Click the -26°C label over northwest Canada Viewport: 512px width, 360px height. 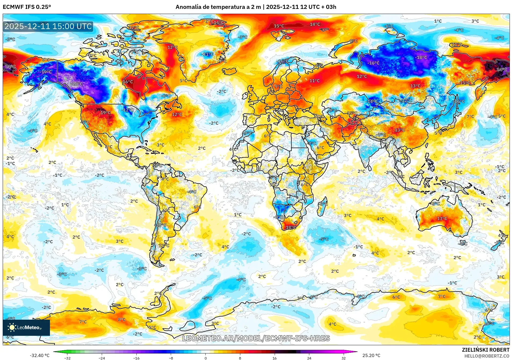pyautogui.click(x=77, y=84)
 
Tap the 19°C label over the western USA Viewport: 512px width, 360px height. pyautogui.click(x=106, y=113)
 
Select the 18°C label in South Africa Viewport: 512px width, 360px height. pyautogui.click(x=291, y=227)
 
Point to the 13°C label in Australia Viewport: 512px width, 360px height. pyautogui.click(x=442, y=219)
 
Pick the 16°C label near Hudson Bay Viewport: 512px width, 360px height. pyautogui.click(x=128, y=82)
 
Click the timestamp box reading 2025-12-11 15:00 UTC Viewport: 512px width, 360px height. pyautogui.click(x=48, y=26)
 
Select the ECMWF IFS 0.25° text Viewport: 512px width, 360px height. pyautogui.click(x=27, y=7)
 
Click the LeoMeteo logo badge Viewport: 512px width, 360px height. pyautogui.click(x=26, y=327)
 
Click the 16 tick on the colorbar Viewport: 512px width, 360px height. pyautogui.click(x=274, y=358)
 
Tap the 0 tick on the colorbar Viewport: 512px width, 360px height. pyautogui.click(x=206, y=358)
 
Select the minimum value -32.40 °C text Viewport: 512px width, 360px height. pyautogui.click(x=39, y=355)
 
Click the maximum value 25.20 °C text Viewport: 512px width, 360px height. pyautogui.click(x=371, y=355)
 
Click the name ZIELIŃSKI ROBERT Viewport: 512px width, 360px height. pyautogui.click(x=485, y=350)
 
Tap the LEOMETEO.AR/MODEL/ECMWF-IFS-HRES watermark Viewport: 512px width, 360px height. pyautogui.click(x=256, y=338)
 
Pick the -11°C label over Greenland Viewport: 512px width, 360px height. pyautogui.click(x=208, y=54)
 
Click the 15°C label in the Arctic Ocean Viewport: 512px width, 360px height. pyautogui.click(x=279, y=26)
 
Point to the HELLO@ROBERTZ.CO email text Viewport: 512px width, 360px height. pyautogui.click(x=487, y=356)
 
